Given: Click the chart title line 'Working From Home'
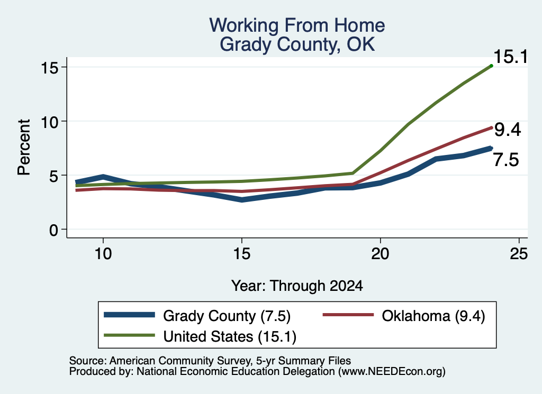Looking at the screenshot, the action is pos(297,25).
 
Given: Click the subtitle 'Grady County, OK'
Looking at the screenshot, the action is pos(297,44).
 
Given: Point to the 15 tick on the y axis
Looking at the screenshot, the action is pos(49,67).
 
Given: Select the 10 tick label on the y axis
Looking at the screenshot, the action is pos(49,122).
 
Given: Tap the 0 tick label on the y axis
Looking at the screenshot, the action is pos(53,230).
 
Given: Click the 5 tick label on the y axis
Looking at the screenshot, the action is pos(53,176).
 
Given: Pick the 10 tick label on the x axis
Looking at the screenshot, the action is pos(103,254).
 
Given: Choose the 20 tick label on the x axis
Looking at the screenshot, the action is pos(380,254).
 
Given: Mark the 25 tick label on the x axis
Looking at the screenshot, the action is pos(519,254).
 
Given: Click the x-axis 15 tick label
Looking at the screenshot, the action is pos(241,254).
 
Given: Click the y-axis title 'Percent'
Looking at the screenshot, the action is pos(24,147).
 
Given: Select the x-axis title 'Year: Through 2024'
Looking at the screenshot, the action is pos(297,286).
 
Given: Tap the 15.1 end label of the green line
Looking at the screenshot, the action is pos(510,57).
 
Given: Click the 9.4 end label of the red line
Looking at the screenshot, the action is pos(508,130).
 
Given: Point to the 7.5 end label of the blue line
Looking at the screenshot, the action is pos(505,160).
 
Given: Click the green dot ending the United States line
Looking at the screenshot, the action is pos(491,66).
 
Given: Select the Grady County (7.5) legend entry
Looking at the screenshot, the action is pos(197,316).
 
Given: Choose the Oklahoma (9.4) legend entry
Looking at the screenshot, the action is pos(404,316).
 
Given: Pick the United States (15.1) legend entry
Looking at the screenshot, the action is pos(200,336).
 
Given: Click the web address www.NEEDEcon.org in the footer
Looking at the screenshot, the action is pos(392,371).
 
